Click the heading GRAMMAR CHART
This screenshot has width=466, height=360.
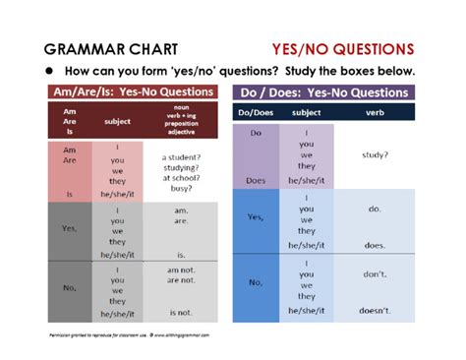[107, 48]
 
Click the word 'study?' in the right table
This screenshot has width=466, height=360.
[374, 154]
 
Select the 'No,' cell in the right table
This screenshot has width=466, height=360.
[254, 282]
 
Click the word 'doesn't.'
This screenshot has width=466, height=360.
[374, 310]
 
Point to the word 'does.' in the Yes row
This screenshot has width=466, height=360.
[374, 245]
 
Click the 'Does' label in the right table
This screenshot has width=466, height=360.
[254, 180]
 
